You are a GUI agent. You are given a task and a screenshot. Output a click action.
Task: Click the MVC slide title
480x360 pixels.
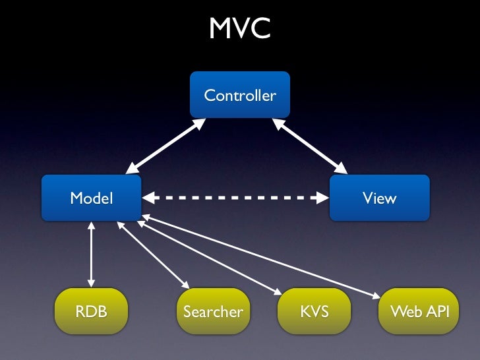tap(240, 28)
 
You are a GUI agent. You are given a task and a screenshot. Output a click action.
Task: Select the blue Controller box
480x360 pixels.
tap(240, 94)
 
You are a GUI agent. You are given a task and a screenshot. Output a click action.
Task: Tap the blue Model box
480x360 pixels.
tap(91, 198)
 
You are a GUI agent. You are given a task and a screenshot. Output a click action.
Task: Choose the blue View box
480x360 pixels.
tap(380, 198)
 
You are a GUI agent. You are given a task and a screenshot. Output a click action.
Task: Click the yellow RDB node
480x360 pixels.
tap(91, 311)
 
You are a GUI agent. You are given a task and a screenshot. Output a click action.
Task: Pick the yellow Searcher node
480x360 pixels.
tap(214, 311)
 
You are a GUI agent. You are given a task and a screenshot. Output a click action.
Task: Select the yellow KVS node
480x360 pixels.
tap(314, 311)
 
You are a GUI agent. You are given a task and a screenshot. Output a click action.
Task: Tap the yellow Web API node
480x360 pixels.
tap(419, 311)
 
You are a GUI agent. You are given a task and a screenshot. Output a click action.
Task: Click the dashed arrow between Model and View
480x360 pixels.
tap(235, 198)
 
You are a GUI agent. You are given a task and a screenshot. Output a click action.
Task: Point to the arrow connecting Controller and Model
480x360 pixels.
tap(165, 146)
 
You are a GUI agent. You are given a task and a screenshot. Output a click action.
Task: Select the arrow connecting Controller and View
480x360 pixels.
tap(309, 146)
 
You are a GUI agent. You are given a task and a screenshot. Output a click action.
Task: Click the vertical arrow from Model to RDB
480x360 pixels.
tap(91, 255)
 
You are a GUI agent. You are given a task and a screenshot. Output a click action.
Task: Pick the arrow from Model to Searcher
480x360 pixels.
tap(154, 255)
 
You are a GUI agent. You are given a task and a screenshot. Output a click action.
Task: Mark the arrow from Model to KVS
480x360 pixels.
tap(210, 258)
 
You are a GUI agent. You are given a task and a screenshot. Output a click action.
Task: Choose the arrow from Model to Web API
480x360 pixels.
tap(261, 256)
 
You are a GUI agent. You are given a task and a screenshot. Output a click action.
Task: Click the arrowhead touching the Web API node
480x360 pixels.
tap(376, 296)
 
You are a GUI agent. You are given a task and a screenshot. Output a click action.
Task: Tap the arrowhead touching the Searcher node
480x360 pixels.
tap(186, 285)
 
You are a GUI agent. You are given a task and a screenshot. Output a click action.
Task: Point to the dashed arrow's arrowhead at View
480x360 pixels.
tap(322, 198)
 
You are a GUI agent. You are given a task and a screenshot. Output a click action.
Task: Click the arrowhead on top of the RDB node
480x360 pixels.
tap(91, 283)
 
